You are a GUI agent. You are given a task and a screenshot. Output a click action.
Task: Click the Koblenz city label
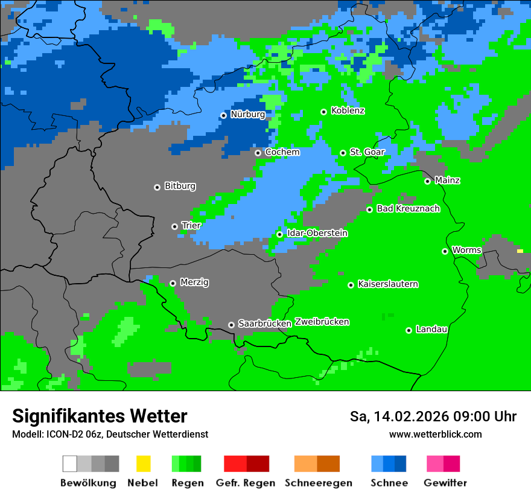(348, 111)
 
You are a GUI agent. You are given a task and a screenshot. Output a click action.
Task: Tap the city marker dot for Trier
(175, 226)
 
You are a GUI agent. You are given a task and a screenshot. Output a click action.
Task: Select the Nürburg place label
(247, 114)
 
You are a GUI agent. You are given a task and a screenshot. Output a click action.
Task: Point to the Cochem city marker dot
(258, 153)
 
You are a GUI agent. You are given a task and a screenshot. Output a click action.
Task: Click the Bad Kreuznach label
(408, 209)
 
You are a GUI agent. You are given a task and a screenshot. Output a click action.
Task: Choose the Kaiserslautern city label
(387, 284)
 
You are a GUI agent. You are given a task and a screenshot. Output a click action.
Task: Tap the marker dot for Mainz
(428, 181)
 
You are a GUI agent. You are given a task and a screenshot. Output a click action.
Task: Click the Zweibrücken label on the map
(322, 322)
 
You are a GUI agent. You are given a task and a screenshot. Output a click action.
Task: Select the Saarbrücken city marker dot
(231, 325)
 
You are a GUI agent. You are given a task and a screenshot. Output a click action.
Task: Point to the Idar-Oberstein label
(317, 234)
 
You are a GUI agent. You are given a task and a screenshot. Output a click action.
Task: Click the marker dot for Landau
(409, 330)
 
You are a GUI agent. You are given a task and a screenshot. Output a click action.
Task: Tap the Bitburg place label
(180, 187)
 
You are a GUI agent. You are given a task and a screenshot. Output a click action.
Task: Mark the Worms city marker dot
(445, 251)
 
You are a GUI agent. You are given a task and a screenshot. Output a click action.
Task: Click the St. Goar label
(367, 152)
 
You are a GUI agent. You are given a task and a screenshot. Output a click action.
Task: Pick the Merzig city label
(194, 282)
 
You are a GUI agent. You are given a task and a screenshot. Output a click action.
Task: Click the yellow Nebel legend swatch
(143, 464)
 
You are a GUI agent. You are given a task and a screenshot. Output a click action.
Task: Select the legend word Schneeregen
(319, 483)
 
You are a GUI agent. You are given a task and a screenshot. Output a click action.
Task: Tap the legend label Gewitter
(445, 483)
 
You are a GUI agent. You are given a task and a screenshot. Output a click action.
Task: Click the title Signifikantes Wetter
(100, 416)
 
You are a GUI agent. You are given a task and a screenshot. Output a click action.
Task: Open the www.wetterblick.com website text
(435, 435)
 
